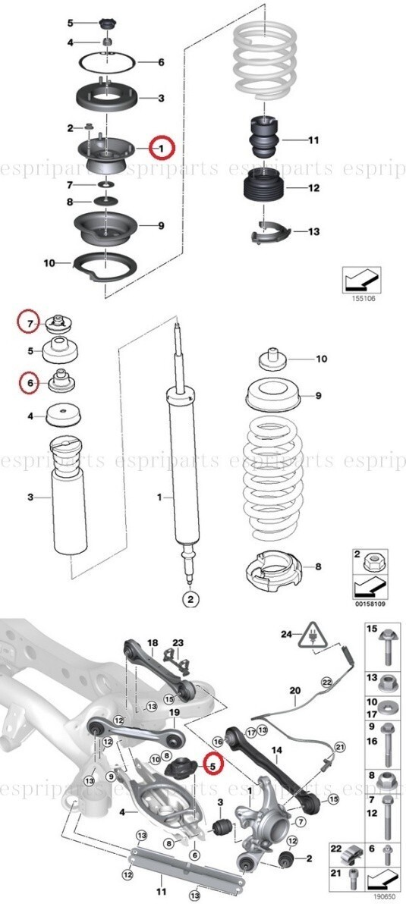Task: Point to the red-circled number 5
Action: pos(212,767)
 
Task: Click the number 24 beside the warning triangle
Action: pos(286,633)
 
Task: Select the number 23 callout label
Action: pos(178,643)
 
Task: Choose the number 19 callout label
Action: pos(173,713)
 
